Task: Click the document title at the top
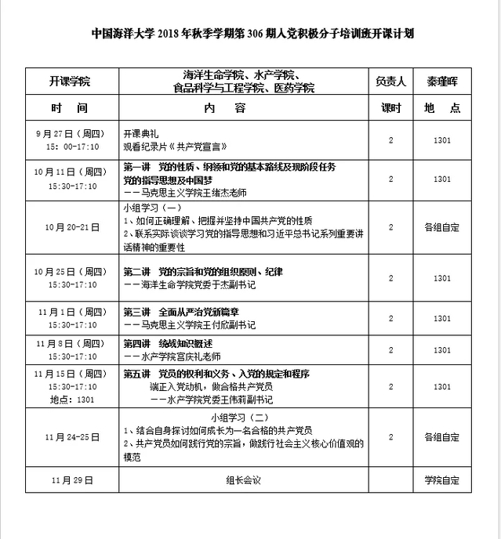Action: click(x=252, y=34)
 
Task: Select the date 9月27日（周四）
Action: click(x=71, y=134)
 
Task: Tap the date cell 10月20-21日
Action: click(x=71, y=227)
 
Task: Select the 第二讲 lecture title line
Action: click(x=203, y=272)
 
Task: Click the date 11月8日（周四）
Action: click(x=71, y=343)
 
